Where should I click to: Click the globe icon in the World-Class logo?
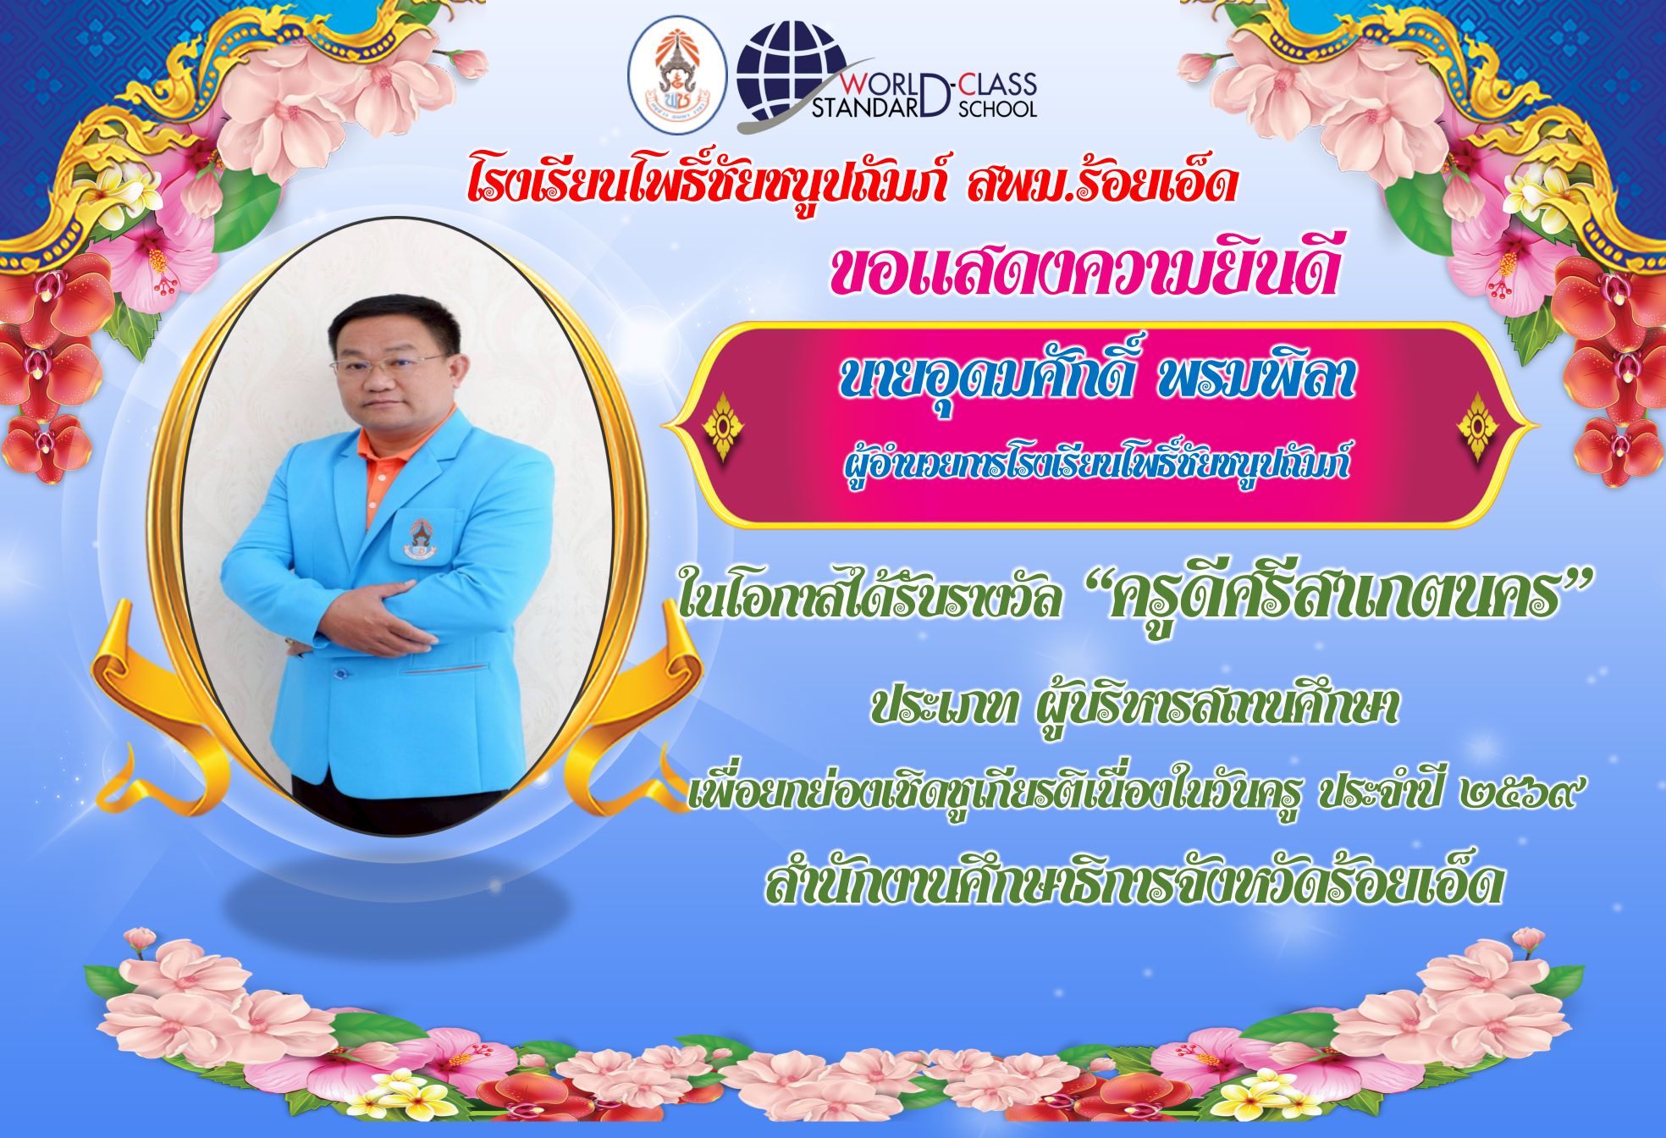[x=790, y=73]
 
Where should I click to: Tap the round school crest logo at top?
[x=676, y=74]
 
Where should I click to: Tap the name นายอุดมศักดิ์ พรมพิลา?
[x=1096, y=380]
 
